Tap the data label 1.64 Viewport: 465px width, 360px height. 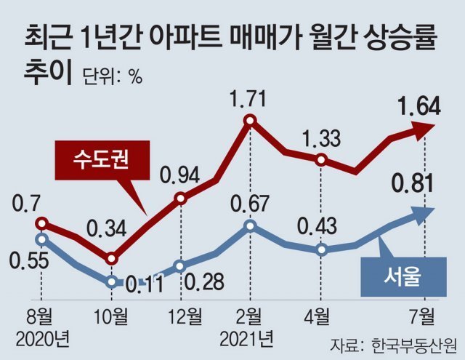[x=418, y=108]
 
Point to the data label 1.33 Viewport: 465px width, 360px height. [x=320, y=136]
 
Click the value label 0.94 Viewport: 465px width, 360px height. [x=180, y=175]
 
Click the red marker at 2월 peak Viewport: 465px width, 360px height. [x=250, y=121]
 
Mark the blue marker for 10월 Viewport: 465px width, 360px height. [x=111, y=281]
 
